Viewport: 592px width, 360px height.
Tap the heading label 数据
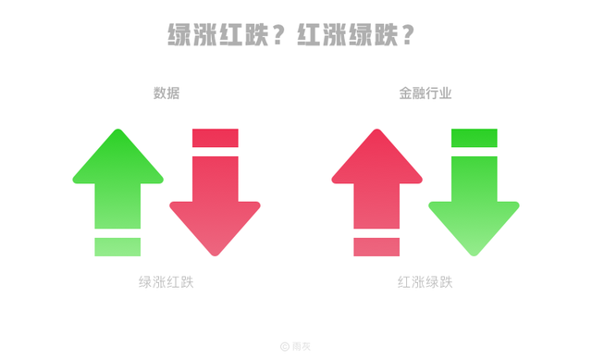pyautogui.click(x=166, y=93)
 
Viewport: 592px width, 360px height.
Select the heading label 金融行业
pyautogui.click(x=425, y=93)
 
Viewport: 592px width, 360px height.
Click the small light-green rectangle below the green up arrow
pyautogui.click(x=117, y=247)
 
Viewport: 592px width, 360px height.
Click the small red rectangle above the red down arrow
pyautogui.click(x=215, y=138)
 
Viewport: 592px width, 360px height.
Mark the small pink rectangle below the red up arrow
pyautogui.click(x=376, y=247)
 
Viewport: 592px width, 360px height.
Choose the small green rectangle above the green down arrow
pyautogui.click(x=474, y=138)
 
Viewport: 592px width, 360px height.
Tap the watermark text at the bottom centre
pyautogui.click(x=296, y=346)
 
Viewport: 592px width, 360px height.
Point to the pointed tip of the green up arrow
pyautogui.click(x=117, y=131)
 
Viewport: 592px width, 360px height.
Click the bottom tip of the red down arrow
pyautogui.click(x=215, y=254)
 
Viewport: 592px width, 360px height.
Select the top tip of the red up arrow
pyautogui.click(x=376, y=131)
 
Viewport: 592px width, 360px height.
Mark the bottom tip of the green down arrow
pyautogui.click(x=474, y=254)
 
